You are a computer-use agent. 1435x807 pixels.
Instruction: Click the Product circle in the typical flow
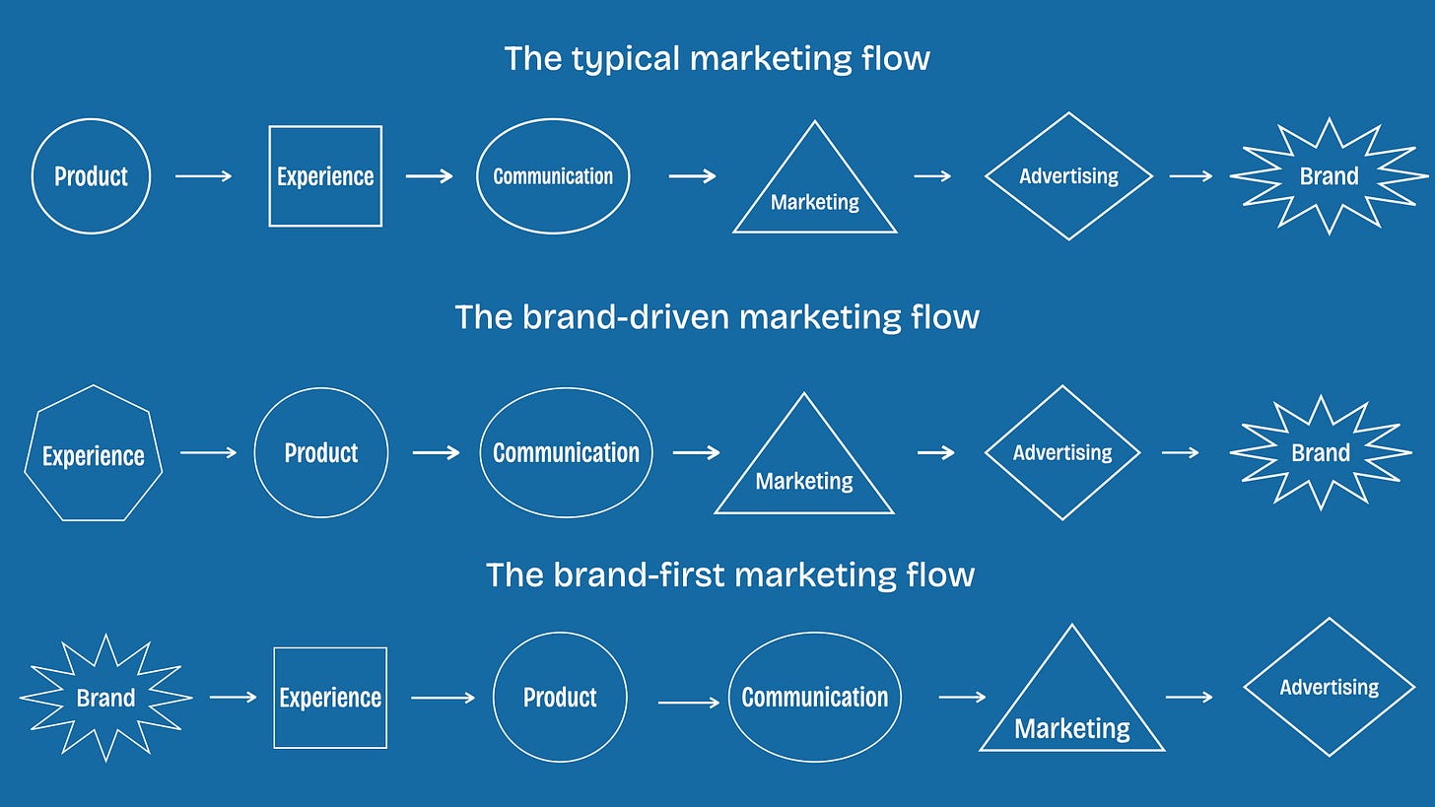91,176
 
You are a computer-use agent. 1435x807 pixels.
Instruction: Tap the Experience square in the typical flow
325,176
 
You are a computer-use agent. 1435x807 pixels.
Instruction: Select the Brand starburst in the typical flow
1329,176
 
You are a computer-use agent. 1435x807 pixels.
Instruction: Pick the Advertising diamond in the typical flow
1068,176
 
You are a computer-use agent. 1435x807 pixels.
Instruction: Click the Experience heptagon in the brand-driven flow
94,454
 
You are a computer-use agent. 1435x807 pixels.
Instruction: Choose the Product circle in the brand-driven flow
321,452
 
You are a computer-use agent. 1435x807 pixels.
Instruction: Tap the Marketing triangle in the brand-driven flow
804,473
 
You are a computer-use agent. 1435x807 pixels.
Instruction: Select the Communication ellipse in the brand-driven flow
566,452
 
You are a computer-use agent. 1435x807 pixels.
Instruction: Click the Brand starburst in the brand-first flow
105,698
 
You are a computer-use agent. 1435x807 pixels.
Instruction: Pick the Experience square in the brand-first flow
330,698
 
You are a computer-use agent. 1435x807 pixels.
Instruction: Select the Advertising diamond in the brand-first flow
1330,687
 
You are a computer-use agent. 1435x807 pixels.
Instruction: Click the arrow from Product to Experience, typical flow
204,176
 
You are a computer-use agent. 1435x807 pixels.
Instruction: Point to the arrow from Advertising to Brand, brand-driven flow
1180,452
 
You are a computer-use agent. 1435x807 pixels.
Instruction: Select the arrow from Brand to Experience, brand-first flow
234,697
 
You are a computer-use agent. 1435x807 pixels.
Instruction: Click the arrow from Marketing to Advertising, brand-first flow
1190,697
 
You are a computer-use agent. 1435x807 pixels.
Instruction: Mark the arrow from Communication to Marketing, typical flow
692,176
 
